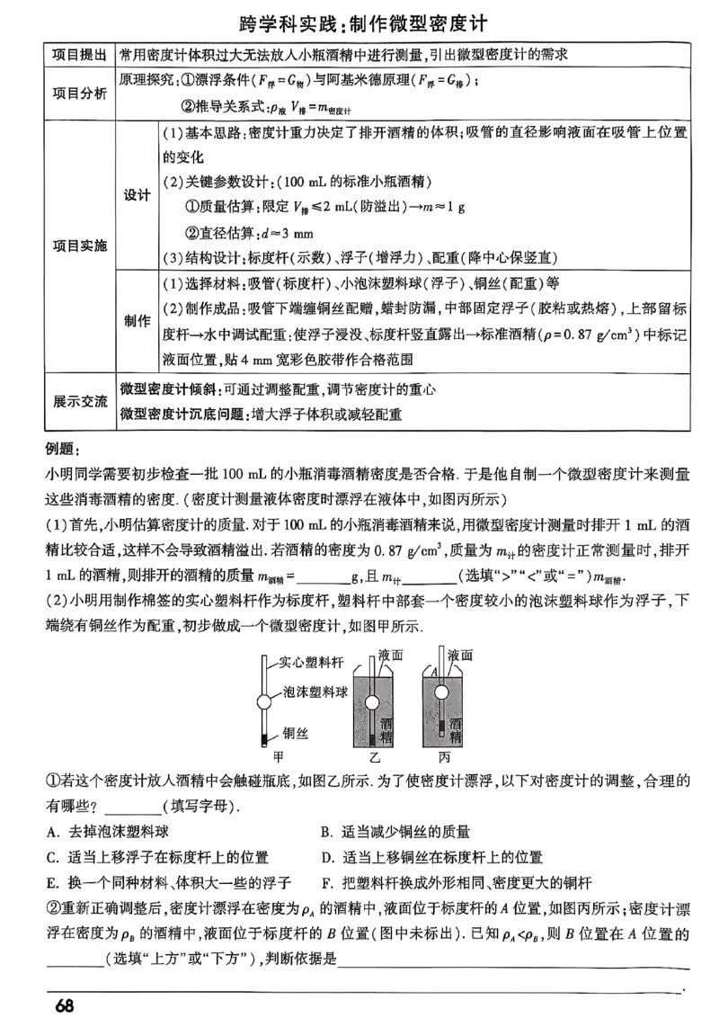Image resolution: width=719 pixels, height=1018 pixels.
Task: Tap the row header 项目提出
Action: [x=80, y=56]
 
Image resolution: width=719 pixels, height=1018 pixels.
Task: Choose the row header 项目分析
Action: [x=80, y=93]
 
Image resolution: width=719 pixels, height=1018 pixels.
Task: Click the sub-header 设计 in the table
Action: [x=137, y=195]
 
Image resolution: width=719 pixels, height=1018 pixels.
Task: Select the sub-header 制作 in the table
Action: [x=137, y=321]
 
